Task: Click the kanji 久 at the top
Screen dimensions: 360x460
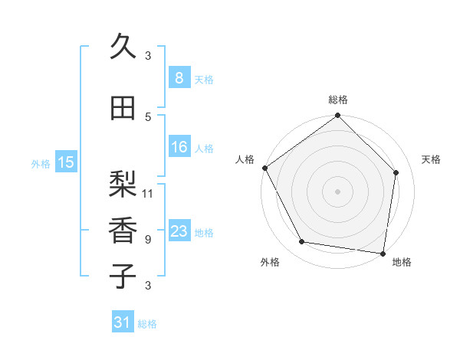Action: (x=123, y=48)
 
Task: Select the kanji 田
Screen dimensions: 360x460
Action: (x=123, y=108)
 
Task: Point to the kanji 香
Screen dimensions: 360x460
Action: (x=123, y=227)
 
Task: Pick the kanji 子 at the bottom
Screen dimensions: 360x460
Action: (x=123, y=275)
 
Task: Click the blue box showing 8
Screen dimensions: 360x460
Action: (x=179, y=78)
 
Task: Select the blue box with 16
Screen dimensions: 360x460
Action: (x=179, y=147)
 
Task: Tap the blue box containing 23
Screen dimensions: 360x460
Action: (x=179, y=231)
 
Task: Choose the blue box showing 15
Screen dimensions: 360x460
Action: (x=66, y=162)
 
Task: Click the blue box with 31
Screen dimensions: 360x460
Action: (x=123, y=322)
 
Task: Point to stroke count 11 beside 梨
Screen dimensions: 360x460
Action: (x=148, y=193)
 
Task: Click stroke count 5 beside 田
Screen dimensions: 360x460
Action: (x=148, y=116)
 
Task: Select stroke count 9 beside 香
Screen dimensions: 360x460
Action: (x=148, y=239)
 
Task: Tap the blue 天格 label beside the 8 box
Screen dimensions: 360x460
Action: (x=204, y=79)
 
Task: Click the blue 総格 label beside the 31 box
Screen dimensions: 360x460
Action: (x=147, y=324)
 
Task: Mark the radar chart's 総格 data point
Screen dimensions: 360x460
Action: (x=337, y=116)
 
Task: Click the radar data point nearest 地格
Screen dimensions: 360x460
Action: (x=383, y=253)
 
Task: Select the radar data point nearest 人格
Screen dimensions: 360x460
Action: (x=264, y=168)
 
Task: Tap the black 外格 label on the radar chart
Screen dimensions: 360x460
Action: (x=270, y=262)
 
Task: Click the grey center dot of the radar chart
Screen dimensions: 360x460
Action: (x=337, y=191)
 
